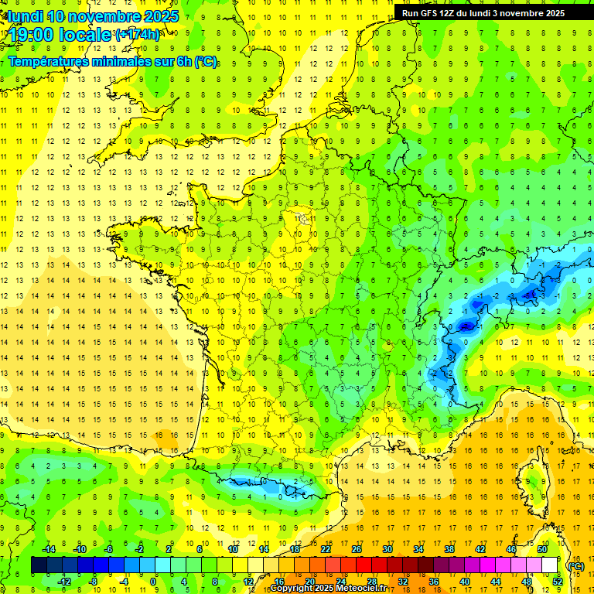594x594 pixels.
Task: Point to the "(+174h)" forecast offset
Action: (x=138, y=35)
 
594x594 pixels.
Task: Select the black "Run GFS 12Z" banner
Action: (x=483, y=12)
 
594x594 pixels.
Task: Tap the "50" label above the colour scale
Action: (x=541, y=549)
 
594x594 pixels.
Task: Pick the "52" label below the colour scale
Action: (x=557, y=581)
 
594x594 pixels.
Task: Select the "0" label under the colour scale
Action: (x=153, y=581)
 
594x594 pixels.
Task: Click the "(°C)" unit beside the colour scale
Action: (x=575, y=566)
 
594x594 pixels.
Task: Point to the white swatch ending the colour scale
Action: (x=550, y=565)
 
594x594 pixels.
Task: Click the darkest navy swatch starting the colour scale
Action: (x=39, y=565)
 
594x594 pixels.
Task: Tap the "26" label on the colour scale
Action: (x=356, y=549)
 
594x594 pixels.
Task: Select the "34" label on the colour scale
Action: (x=418, y=549)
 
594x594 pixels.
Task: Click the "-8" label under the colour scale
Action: (x=93, y=581)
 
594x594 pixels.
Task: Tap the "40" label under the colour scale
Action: (x=464, y=581)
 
